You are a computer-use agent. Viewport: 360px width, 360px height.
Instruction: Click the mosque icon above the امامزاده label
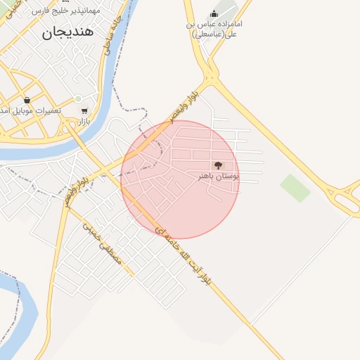pyautogui.click(x=214, y=13)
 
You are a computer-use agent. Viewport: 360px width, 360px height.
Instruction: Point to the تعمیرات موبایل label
pyautogui.click(x=32, y=111)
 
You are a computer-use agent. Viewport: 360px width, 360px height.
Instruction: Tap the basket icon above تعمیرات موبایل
pyautogui.click(x=27, y=100)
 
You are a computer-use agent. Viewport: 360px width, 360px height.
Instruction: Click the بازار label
pyautogui.click(x=85, y=121)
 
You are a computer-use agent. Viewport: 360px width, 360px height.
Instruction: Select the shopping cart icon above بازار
pyautogui.click(x=84, y=110)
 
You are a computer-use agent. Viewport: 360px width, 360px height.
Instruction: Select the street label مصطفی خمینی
pyautogui.click(x=103, y=243)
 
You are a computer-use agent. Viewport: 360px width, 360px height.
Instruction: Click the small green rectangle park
pyautogui.click(x=295, y=188)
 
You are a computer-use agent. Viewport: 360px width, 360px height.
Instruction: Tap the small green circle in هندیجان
pyautogui.click(x=78, y=98)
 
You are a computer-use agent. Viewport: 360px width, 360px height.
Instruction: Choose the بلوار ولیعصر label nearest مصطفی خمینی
pyautogui.click(x=75, y=190)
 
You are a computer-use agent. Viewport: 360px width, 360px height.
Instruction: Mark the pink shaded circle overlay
pyautogui.click(x=180, y=179)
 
